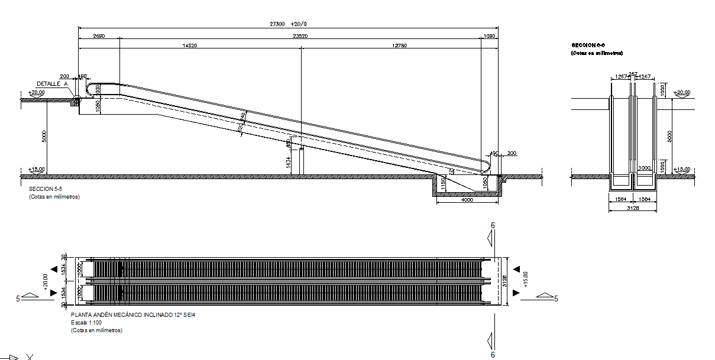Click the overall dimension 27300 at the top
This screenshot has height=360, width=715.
click(277, 24)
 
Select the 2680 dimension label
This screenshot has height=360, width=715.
click(99, 36)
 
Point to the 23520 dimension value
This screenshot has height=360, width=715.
click(300, 36)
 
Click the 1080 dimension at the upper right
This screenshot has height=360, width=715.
click(489, 36)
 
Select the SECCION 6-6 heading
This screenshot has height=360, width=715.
click(588, 45)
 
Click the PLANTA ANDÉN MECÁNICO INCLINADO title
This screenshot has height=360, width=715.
click(132, 316)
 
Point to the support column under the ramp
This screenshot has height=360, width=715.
click(300, 161)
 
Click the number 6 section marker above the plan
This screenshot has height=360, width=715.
click(493, 225)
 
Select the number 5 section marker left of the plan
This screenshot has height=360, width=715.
click(18, 299)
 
